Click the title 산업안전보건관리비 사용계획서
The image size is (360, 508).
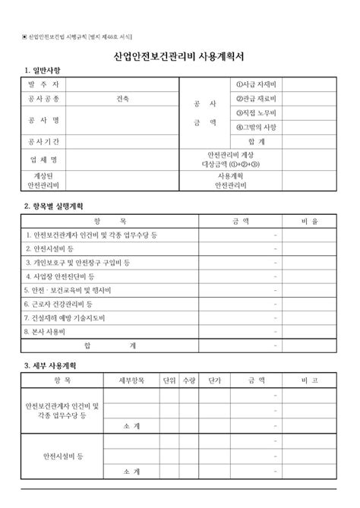click(179, 57)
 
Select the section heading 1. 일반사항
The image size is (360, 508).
click(45, 71)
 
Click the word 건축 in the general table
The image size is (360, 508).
click(123, 99)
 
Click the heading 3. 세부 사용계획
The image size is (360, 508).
click(52, 366)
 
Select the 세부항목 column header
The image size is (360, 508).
click(131, 380)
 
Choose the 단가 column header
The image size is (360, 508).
click(215, 380)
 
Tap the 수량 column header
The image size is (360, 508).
click(189, 380)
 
